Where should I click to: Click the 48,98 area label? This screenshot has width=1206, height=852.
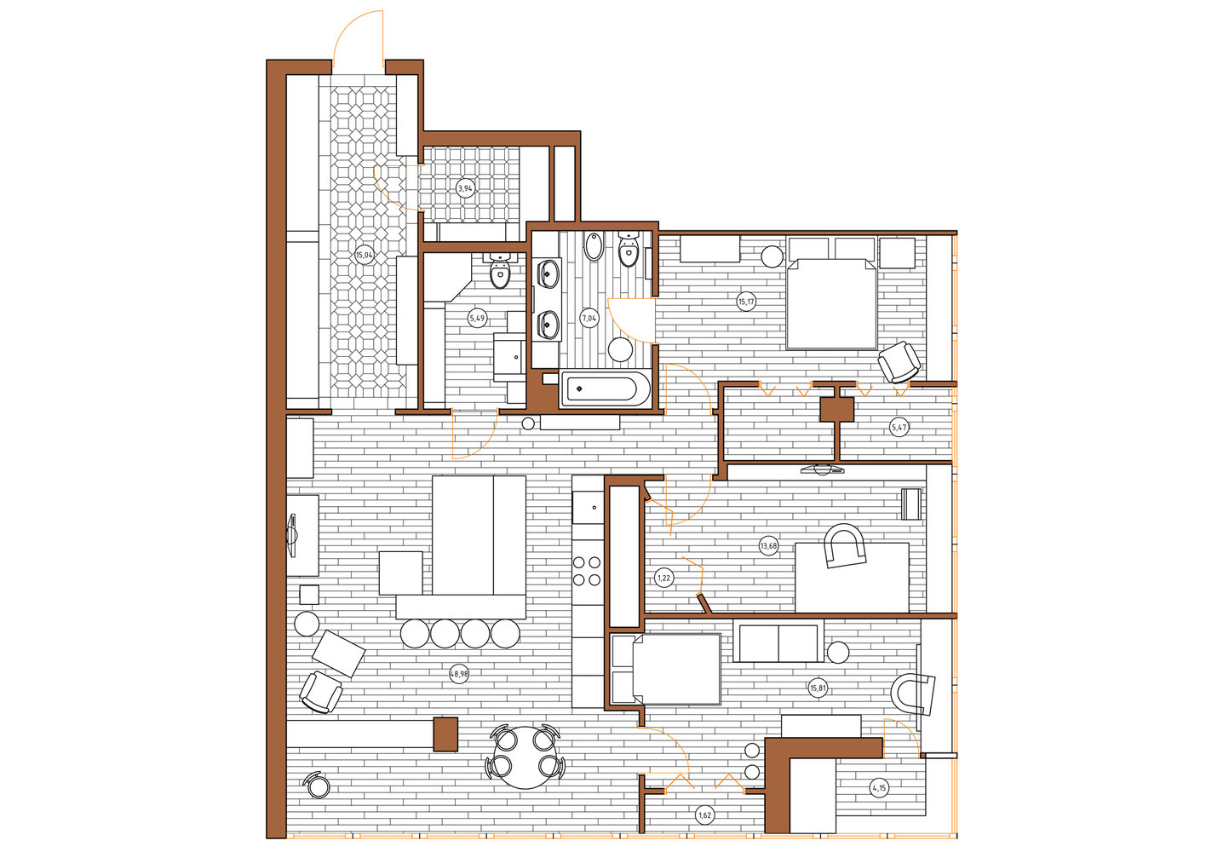459,674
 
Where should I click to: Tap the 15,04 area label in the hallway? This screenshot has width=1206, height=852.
365,255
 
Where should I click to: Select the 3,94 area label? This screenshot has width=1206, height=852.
465,188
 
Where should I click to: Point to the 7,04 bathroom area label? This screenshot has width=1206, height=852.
589,319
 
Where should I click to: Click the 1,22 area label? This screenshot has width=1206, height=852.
663,579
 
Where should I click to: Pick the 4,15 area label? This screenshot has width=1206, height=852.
879,788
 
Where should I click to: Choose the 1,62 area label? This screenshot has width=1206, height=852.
704,815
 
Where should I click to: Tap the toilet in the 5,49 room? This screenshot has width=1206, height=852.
500,270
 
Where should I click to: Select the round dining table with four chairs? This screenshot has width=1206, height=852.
525,757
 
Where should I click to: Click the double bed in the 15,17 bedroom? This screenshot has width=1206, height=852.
831,303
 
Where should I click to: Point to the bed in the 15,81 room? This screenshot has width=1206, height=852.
667,669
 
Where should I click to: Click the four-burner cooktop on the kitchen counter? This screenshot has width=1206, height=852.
587,571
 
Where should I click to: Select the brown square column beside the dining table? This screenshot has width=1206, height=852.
445,734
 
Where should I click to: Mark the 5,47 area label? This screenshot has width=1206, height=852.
899,429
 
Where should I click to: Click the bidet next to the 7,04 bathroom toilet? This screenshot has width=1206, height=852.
594,247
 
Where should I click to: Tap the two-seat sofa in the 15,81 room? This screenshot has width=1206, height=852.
778,641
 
